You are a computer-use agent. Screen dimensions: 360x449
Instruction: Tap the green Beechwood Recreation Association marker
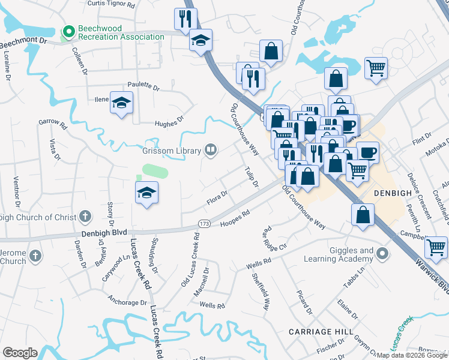(x=68, y=30)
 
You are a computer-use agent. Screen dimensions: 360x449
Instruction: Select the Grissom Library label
(x=172, y=151)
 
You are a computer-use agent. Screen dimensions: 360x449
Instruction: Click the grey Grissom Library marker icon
(x=210, y=150)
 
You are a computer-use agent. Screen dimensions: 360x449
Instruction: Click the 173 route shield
(x=205, y=224)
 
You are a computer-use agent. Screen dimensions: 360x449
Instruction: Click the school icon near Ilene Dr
(x=121, y=103)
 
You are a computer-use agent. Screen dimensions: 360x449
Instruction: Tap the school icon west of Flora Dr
(x=146, y=193)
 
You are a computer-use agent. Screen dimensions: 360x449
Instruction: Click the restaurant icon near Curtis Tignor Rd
(x=185, y=19)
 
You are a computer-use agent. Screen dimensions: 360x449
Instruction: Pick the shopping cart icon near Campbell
(x=436, y=246)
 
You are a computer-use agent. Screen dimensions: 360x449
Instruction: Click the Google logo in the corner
(x=19, y=353)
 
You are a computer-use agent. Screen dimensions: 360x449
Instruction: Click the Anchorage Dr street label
(x=127, y=299)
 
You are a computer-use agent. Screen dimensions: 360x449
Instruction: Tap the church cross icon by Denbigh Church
(x=86, y=216)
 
